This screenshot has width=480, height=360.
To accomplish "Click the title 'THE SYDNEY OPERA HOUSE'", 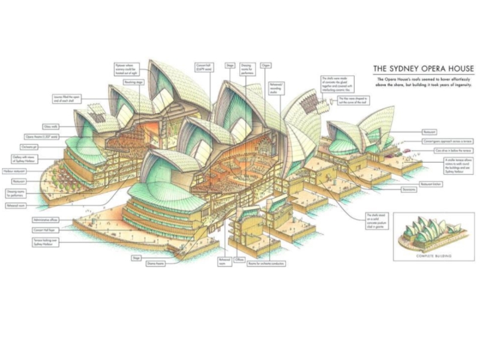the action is pos(424,68).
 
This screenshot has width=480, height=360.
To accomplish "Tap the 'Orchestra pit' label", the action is pos(49,146).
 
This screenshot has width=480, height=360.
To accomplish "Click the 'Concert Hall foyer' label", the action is pos(47,229).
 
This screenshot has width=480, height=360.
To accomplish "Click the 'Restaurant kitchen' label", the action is pos(431,182).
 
